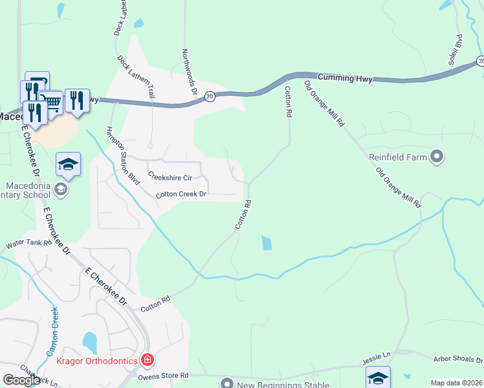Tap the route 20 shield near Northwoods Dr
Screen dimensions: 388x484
(x=210, y=96)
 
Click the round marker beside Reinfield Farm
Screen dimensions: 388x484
(x=437, y=156)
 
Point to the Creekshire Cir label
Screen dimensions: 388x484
(x=170, y=177)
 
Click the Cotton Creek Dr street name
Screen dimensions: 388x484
(x=181, y=194)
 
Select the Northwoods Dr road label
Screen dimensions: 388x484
(x=189, y=72)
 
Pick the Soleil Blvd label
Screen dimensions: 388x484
(x=455, y=49)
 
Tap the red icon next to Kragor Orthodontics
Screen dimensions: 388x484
(x=148, y=360)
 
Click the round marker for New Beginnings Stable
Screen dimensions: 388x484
(x=226, y=383)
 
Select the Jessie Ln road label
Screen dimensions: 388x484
(x=377, y=356)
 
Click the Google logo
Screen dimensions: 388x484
(x=21, y=380)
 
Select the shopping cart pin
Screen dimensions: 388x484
(x=51, y=102)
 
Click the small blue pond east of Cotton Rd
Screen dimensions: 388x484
(x=267, y=243)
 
